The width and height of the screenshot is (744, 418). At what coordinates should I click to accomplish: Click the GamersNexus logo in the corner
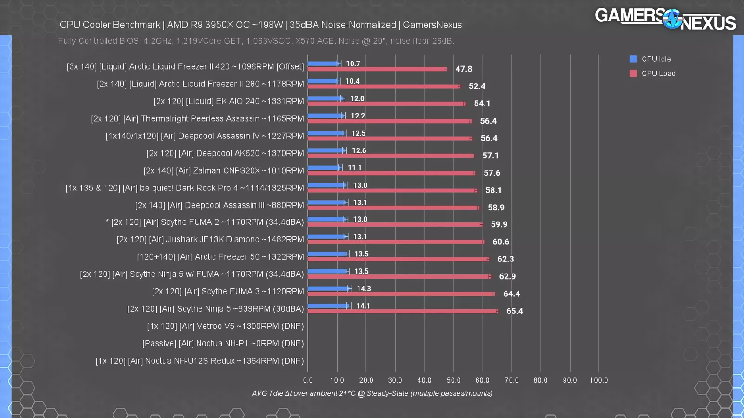665,19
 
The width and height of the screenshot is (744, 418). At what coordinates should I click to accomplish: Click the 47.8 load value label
464,69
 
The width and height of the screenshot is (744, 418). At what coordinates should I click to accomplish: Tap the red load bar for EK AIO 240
386,104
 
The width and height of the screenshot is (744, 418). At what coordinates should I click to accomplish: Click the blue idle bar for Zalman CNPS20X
325,168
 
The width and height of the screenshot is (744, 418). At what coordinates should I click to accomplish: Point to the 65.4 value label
514,311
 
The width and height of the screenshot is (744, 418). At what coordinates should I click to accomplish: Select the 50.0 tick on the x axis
453,380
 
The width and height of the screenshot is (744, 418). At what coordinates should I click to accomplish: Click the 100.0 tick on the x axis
598,380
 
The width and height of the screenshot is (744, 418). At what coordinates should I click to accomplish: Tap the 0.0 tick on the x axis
308,380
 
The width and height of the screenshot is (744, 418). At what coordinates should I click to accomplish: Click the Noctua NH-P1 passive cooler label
223,344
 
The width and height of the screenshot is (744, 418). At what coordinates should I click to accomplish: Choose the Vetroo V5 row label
225,326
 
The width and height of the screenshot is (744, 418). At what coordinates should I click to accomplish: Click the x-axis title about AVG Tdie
372,393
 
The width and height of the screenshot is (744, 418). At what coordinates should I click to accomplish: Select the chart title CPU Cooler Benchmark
260,25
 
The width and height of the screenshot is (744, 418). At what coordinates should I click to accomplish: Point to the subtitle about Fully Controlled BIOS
256,41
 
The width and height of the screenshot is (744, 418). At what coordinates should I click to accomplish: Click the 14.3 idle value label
364,288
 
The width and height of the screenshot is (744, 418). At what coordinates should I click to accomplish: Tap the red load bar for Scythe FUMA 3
401,294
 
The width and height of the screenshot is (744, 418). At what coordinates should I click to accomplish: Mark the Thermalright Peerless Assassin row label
197,118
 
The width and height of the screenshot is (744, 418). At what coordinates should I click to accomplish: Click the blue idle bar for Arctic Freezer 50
328,254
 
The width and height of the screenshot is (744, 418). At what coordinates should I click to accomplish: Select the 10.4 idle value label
352,81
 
